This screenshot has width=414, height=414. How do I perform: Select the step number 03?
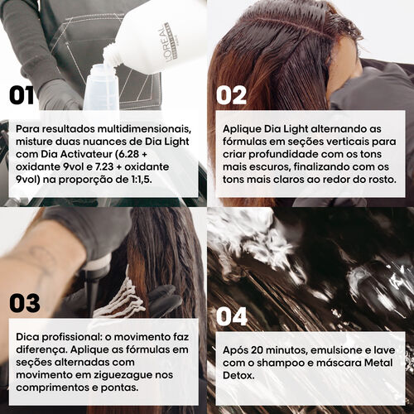click(x=26, y=302)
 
